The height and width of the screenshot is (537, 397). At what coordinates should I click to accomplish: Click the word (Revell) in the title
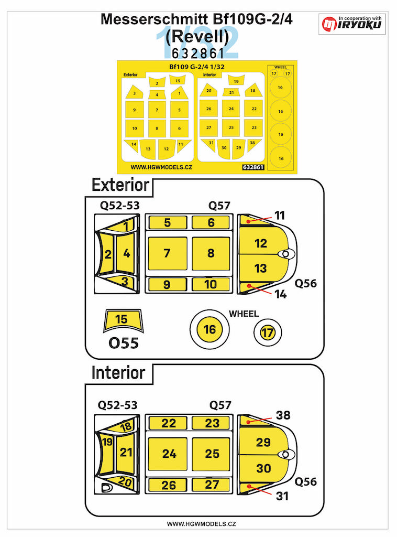pyautogui.click(x=198, y=36)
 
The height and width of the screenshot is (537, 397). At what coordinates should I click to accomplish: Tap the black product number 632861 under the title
pyautogui.click(x=198, y=52)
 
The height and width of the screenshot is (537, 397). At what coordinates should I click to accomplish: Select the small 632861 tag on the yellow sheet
pyautogui.click(x=253, y=168)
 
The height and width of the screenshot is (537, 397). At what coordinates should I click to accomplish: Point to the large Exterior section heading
pyautogui.click(x=120, y=185)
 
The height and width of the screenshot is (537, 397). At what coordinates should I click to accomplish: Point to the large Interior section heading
pyautogui.click(x=118, y=373)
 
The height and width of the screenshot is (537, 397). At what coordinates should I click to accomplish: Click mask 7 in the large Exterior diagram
pyautogui.click(x=167, y=253)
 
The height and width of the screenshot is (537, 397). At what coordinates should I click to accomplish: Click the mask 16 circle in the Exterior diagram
pyautogui.click(x=209, y=330)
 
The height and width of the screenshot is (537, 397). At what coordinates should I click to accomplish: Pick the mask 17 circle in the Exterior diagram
pyautogui.click(x=267, y=331)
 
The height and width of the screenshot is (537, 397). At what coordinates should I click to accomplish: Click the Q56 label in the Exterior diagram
pyautogui.click(x=306, y=283)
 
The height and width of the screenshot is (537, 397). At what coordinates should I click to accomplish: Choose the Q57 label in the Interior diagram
pyautogui.click(x=220, y=405)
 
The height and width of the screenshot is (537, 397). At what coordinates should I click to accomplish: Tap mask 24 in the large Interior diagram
pyautogui.click(x=169, y=454)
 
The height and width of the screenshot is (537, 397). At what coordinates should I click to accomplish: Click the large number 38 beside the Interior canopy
pyautogui.click(x=283, y=415)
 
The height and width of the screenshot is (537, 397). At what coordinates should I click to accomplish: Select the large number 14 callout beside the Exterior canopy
pyautogui.click(x=280, y=295)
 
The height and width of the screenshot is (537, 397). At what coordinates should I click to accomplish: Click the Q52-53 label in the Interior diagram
pyautogui.click(x=119, y=405)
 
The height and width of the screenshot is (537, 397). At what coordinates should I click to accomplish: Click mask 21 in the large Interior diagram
pyautogui.click(x=126, y=452)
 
